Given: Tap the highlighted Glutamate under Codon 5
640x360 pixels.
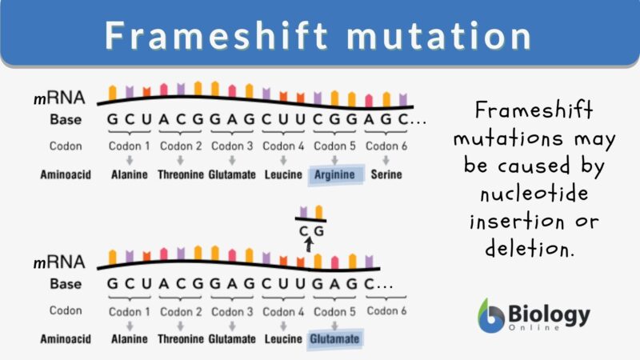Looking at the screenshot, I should click(335, 339).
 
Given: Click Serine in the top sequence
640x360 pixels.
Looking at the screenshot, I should click(386, 174).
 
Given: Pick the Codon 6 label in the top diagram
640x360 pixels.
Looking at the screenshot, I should click(386, 146).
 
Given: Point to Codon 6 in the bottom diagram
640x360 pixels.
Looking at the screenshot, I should click(386, 311).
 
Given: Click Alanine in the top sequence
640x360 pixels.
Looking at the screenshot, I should click(130, 174).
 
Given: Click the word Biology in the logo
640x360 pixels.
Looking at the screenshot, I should click(550, 313).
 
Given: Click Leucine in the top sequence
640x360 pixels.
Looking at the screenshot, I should click(283, 174).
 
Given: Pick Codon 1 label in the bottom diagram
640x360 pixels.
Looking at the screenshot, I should click(130, 311).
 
